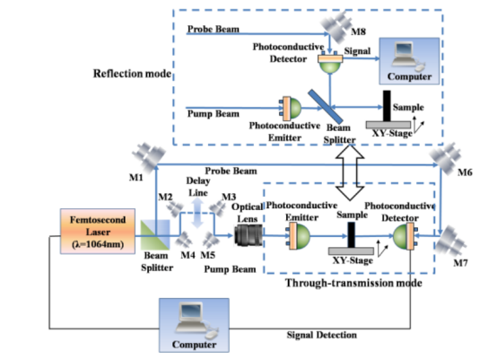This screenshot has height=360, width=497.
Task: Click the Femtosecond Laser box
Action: coord(98,232)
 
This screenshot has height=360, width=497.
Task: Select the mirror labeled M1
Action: coord(149,156)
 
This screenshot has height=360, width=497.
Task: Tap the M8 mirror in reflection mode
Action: coord(336,27)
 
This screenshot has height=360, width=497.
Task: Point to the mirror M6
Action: coord(446,158)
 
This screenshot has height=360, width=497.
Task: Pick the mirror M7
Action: coord(450,242)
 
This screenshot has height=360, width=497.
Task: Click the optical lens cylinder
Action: coord(248,235)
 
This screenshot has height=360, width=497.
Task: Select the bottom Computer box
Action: coord(194,325)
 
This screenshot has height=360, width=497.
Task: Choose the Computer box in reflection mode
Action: coord(409,61)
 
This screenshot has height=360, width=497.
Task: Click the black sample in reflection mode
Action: coord(387,106)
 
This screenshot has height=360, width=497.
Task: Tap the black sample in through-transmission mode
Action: coord(351,234)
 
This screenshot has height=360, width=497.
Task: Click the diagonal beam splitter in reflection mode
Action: coord(326,107)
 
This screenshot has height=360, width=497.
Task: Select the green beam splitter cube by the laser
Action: coord(155,235)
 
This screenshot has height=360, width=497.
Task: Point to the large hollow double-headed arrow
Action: coord(350,172)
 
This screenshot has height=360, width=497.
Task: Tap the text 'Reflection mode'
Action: coord(132,74)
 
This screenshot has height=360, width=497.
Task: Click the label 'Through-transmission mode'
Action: coord(353,283)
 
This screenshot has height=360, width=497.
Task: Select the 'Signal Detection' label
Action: coord(322,335)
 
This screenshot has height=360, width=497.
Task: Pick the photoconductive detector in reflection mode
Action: coord(330,62)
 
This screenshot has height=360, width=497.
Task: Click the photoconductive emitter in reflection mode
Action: coord(290,109)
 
